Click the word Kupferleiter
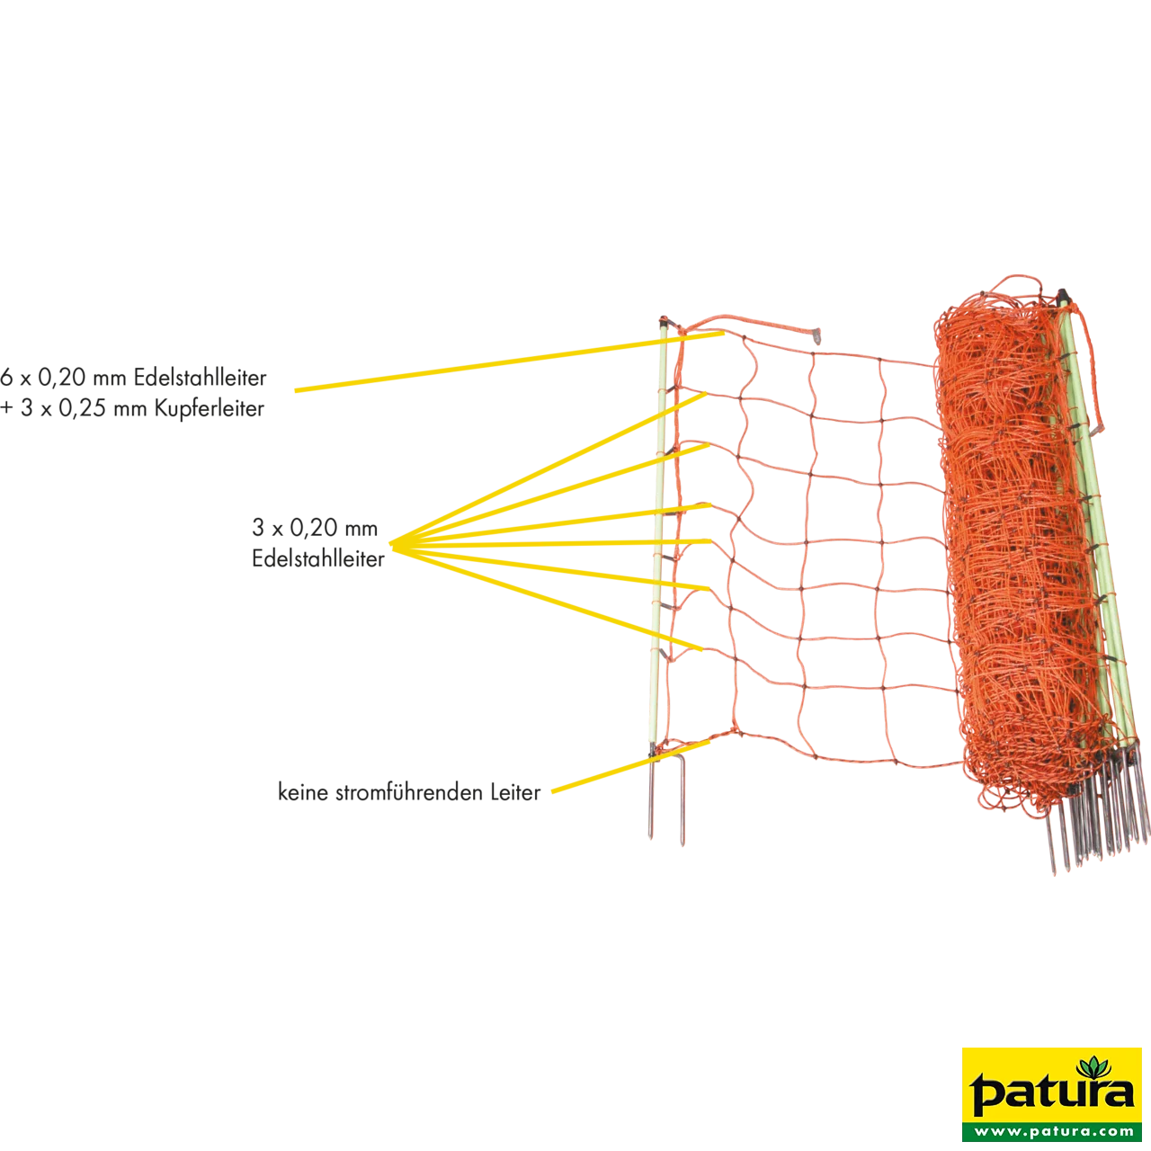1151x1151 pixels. [209, 409]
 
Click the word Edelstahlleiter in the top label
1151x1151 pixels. [201, 378]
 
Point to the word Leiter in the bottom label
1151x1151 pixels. [515, 792]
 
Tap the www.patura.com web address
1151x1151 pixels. [1053, 1130]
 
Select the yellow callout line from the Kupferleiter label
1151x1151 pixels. [510, 362]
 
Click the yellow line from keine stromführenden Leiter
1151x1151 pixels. [630, 767]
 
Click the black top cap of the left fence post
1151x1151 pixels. [663, 321]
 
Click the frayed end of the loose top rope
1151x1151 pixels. [816, 337]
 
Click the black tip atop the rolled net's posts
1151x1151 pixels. [1064, 296]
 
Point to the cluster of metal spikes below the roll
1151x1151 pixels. [1096, 812]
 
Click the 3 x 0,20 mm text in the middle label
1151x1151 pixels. [315, 528]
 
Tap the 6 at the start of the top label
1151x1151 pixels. [6, 378]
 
